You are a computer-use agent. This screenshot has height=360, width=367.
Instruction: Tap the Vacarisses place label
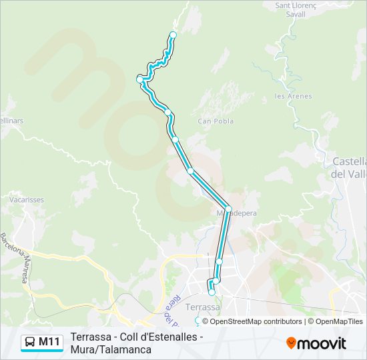25,199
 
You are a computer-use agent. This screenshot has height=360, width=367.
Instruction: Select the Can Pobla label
216,121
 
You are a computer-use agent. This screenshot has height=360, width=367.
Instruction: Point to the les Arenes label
293,96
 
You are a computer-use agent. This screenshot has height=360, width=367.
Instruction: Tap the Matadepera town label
236,214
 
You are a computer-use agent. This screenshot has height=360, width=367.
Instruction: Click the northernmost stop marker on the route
173,35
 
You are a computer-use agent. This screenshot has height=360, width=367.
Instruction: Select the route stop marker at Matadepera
228,209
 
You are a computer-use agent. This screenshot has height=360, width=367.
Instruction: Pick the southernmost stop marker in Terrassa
212,292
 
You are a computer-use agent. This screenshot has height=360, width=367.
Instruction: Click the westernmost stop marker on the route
139,79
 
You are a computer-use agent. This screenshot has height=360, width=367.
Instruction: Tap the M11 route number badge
49,343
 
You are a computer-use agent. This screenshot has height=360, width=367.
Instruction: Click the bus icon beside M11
30,343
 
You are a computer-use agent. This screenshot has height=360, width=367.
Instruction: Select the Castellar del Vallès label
350,167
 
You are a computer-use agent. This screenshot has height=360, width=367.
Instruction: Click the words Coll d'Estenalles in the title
160,337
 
